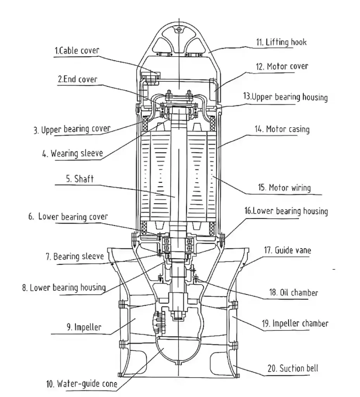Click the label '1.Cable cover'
[77, 50]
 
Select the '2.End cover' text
[78, 79]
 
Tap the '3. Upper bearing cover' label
[71, 129]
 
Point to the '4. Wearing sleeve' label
[73, 154]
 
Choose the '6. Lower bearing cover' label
[68, 216]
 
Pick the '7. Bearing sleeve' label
[75, 256]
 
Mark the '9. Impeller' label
[84, 327]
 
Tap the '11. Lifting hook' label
[281, 42]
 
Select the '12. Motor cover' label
[287, 67]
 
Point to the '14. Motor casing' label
[288, 129]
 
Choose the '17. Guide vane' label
[287, 250]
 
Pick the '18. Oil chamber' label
[293, 292]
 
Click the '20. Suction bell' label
[293, 368]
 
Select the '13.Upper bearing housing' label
[285, 97]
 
